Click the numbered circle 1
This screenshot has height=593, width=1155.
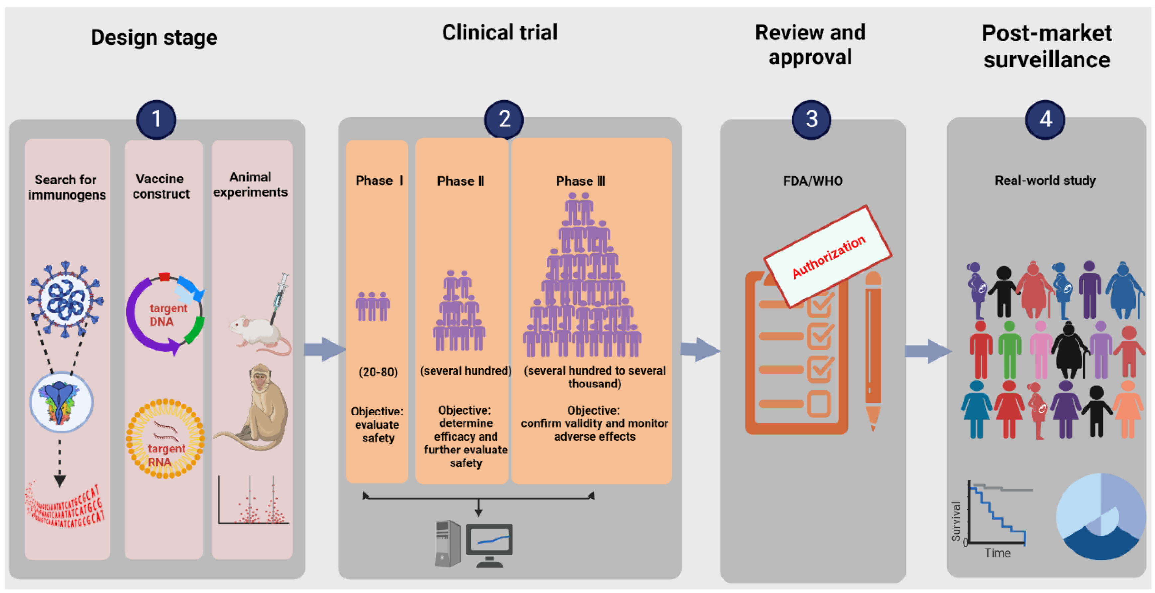point(156,119)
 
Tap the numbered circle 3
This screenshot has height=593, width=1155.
point(811,119)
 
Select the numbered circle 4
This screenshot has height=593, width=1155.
point(1045,119)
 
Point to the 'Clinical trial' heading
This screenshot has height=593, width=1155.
point(500,32)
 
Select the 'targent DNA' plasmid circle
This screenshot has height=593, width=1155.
point(165,314)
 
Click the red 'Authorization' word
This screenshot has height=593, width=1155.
point(829,256)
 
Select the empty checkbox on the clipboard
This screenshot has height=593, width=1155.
point(820,404)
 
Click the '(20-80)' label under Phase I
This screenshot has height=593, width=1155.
point(378,372)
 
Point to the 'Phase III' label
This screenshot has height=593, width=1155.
point(580,181)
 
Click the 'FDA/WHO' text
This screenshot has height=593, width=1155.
point(812,181)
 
